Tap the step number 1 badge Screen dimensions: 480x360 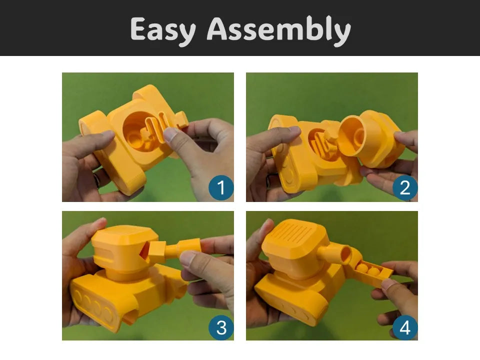click(220, 187)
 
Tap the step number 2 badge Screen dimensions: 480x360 click(404, 187)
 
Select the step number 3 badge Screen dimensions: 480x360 click(220, 327)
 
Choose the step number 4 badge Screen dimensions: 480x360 click(404, 328)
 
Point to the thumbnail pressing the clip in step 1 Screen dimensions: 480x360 click(170, 134)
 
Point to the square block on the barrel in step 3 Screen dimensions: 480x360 click(157, 248)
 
